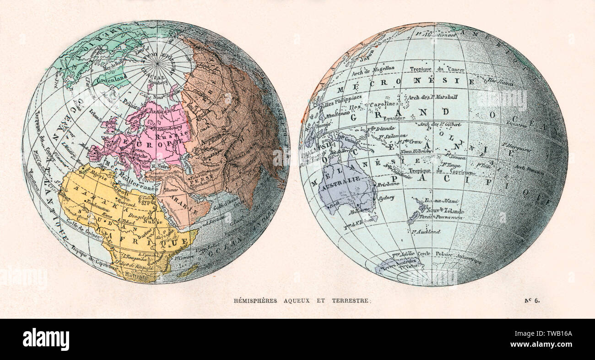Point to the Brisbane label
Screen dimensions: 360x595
point(388,183)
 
